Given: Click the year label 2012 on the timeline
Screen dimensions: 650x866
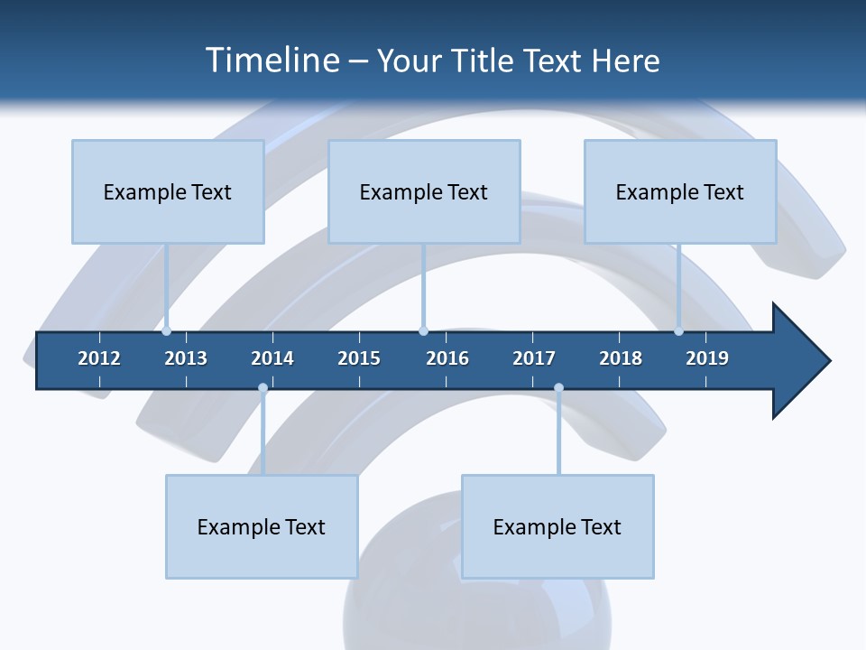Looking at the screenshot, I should pos(99,358).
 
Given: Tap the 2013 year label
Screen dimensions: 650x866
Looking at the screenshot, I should pos(186,358).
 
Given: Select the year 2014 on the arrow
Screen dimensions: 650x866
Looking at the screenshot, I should pos(272,358).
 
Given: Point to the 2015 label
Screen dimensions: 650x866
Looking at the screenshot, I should pos(359,358).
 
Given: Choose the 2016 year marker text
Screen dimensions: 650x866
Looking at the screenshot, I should pos(447,358).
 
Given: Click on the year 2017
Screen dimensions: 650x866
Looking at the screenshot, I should pos(534,358).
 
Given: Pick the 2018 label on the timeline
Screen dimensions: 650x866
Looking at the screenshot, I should pos(621,358).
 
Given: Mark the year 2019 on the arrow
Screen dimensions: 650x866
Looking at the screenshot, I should pos(707,358).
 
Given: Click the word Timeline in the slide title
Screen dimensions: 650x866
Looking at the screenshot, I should pos(271,60).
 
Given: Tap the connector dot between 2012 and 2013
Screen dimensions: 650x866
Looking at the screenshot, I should pos(167,331).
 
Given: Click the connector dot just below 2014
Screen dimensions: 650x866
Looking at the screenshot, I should pos(263,388).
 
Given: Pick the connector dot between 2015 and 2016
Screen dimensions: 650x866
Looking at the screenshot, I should pos(423,331).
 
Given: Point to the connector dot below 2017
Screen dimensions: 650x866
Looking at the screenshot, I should pos(558,388).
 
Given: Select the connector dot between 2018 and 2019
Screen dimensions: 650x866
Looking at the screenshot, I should pos(678,331).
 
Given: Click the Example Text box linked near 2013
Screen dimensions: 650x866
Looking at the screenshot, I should pos(168,191).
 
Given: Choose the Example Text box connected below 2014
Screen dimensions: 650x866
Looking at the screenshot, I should pos(262,526).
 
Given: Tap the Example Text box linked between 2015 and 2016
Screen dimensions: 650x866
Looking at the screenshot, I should pos(424,191).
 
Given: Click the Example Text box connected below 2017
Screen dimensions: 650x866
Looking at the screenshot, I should pos(557,526).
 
